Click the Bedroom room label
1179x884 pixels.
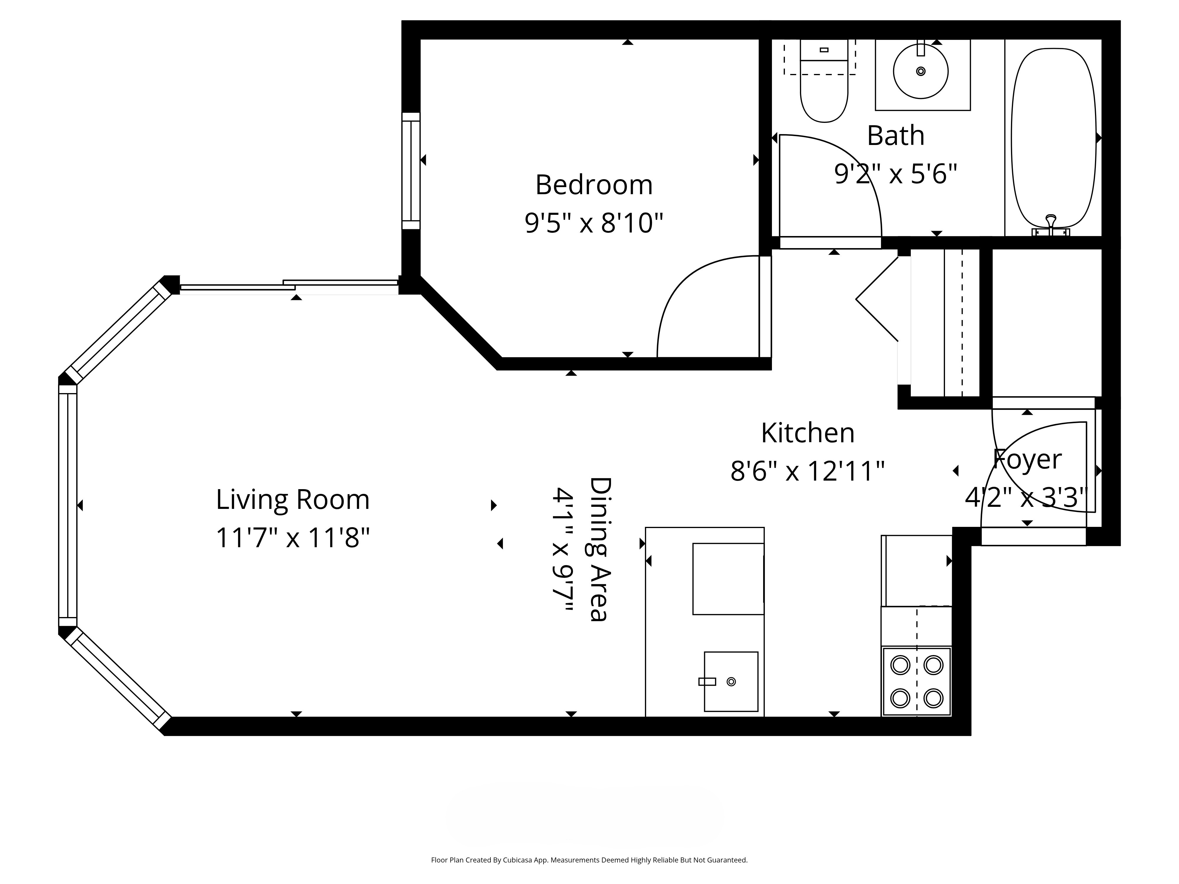pos(594,185)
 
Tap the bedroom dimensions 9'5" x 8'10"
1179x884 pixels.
pos(594,223)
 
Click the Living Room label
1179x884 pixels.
pos(293,499)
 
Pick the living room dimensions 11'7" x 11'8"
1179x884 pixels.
pos(293,537)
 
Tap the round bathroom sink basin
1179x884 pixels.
pos(921,71)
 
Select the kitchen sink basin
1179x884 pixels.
pos(731,682)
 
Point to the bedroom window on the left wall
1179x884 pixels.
pos(411,171)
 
